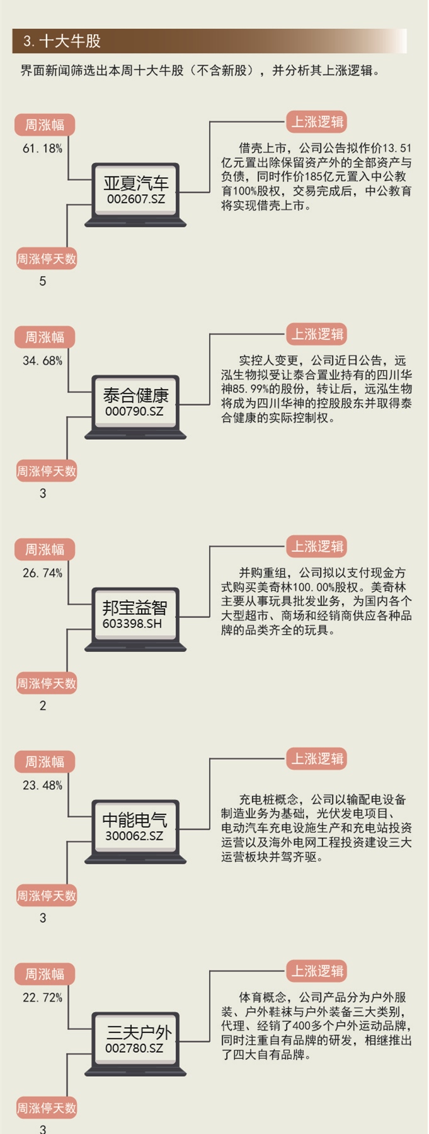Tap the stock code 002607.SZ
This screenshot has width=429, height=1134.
(135, 199)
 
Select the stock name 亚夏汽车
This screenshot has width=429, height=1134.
(136, 183)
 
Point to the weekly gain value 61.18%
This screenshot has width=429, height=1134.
(43, 149)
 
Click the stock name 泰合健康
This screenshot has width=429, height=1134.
(136, 396)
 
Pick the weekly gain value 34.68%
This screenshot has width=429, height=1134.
(43, 361)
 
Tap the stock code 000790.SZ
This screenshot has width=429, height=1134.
(134, 411)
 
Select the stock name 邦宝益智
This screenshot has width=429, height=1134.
(135, 608)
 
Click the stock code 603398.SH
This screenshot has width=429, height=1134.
(132, 624)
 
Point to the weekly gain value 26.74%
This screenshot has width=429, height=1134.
(43, 573)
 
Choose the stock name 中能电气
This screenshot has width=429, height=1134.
(135, 820)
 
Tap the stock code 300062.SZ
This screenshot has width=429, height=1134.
(134, 836)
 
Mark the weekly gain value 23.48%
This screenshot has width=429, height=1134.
(43, 786)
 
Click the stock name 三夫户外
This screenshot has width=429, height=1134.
(139, 1033)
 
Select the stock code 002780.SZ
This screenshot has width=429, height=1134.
(134, 1048)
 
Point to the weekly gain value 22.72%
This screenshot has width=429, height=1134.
(43, 998)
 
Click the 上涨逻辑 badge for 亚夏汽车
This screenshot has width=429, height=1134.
(317, 122)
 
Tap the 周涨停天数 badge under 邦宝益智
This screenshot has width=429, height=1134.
(47, 684)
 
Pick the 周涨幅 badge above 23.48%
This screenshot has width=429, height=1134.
(45, 762)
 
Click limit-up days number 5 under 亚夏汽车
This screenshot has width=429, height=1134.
(43, 282)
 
